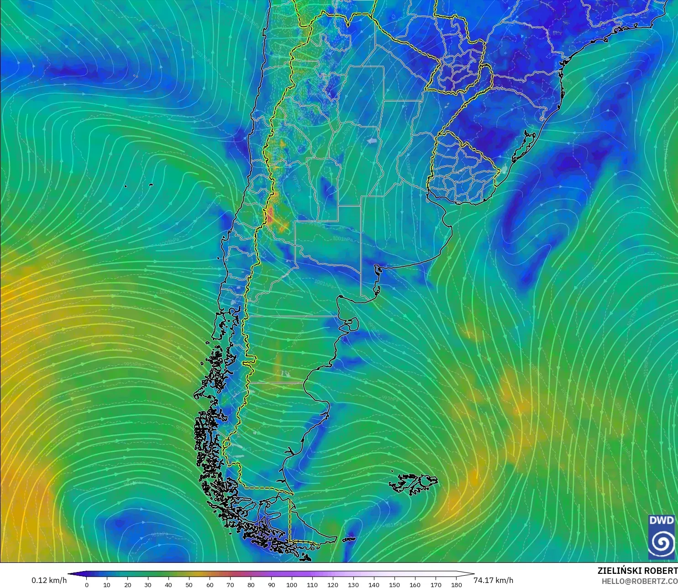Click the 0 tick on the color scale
coord(87,584)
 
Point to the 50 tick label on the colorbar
coord(189,584)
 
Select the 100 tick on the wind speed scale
coord(292,584)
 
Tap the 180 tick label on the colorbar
coord(456,584)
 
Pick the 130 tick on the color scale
coord(353,584)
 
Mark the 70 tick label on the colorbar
coord(230,584)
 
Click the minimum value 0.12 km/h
coord(49,580)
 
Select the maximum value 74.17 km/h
coord(493,580)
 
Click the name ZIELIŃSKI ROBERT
coord(637,571)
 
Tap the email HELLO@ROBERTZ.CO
coord(639,581)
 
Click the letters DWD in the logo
coord(661,521)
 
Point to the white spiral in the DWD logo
coord(661,543)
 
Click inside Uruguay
coord(461,174)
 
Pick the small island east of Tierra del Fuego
coord(349,540)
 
